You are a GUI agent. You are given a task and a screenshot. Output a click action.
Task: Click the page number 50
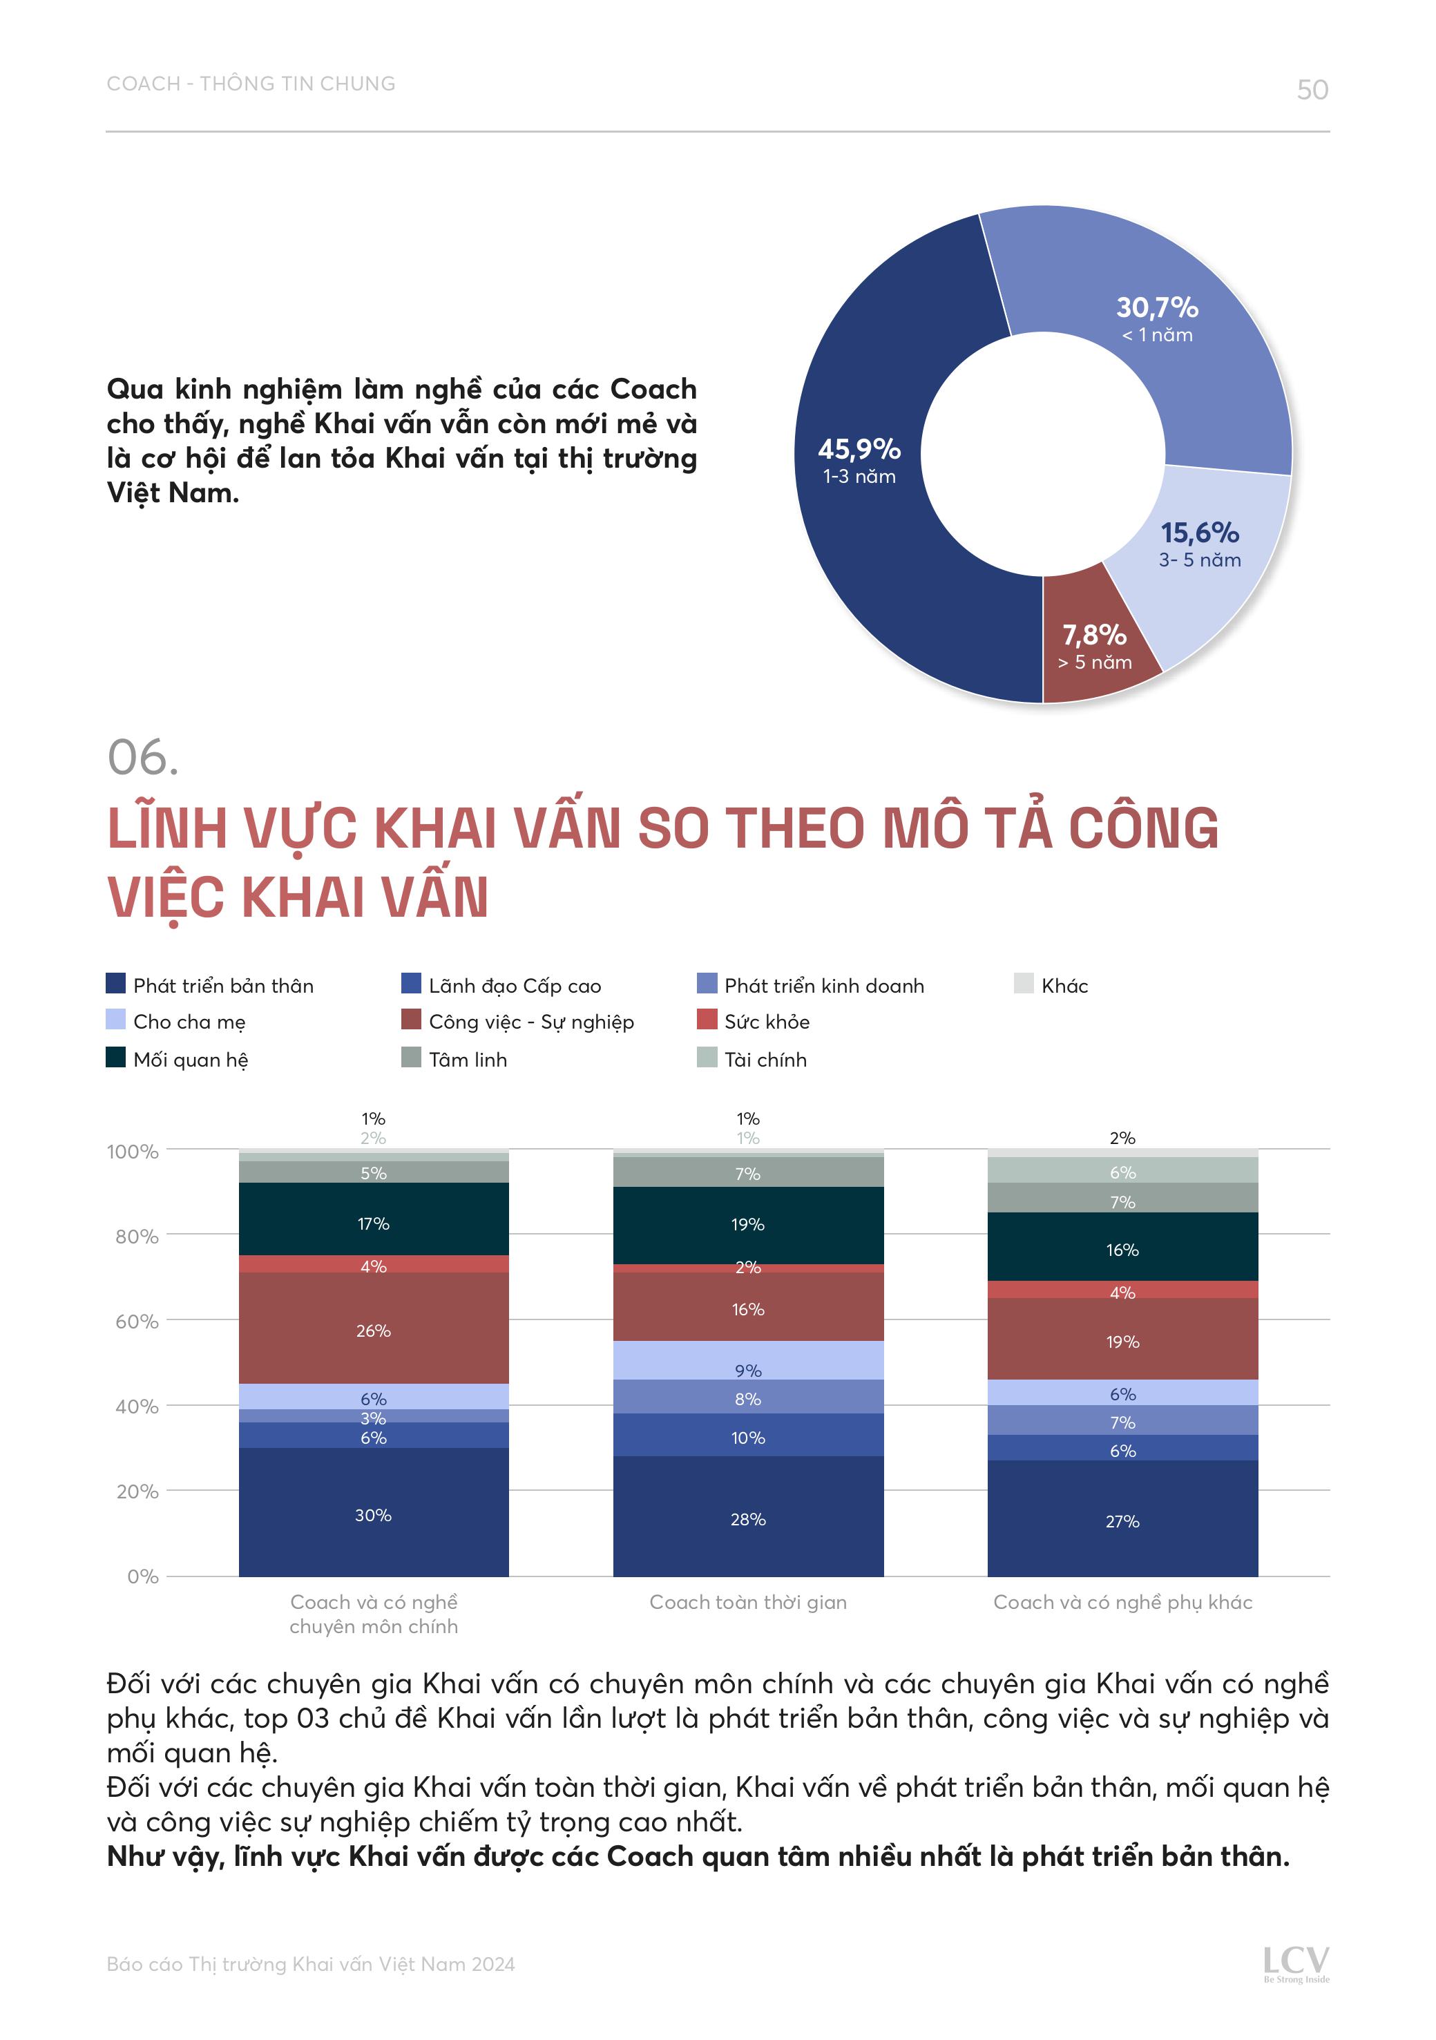coord(1312,90)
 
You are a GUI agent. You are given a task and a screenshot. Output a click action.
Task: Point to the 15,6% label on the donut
coord(1200,533)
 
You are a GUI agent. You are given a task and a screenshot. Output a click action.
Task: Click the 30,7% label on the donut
coord(1157,308)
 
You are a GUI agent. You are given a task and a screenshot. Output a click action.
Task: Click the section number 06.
coord(142,758)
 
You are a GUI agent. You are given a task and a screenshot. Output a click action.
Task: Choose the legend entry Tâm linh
coord(468,1059)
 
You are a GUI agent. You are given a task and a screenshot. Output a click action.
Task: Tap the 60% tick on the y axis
coord(137,1322)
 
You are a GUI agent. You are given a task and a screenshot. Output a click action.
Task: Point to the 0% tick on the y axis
coord(142,1576)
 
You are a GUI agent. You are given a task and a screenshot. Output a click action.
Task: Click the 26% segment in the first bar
coord(373,1330)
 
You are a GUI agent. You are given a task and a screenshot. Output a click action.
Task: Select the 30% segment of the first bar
coord(373,1515)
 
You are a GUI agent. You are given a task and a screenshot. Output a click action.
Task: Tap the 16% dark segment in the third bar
coord(1122,1249)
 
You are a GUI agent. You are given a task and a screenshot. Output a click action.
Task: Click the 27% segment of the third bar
coord(1122,1521)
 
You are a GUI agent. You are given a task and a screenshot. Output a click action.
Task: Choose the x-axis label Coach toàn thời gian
coord(747,1602)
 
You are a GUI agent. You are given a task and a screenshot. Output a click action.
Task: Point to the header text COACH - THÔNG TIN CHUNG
coord(251,84)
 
